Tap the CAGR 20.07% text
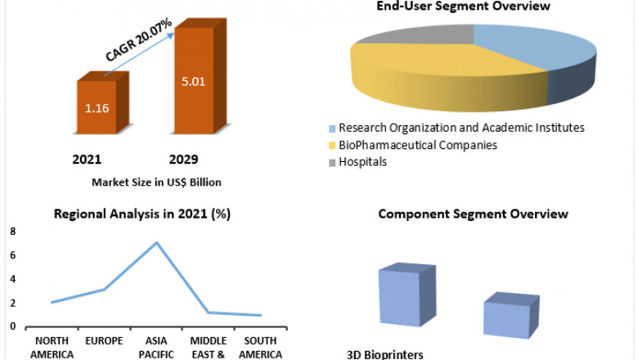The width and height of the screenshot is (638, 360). coord(139,41)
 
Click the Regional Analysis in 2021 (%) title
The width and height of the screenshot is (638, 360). coord(142,215)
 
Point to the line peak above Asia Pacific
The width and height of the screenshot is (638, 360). coord(157,243)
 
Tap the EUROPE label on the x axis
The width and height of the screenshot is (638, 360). coord(105,339)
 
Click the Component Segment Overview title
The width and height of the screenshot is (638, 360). coord(473,214)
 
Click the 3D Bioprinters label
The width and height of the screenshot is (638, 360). coord(384,354)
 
